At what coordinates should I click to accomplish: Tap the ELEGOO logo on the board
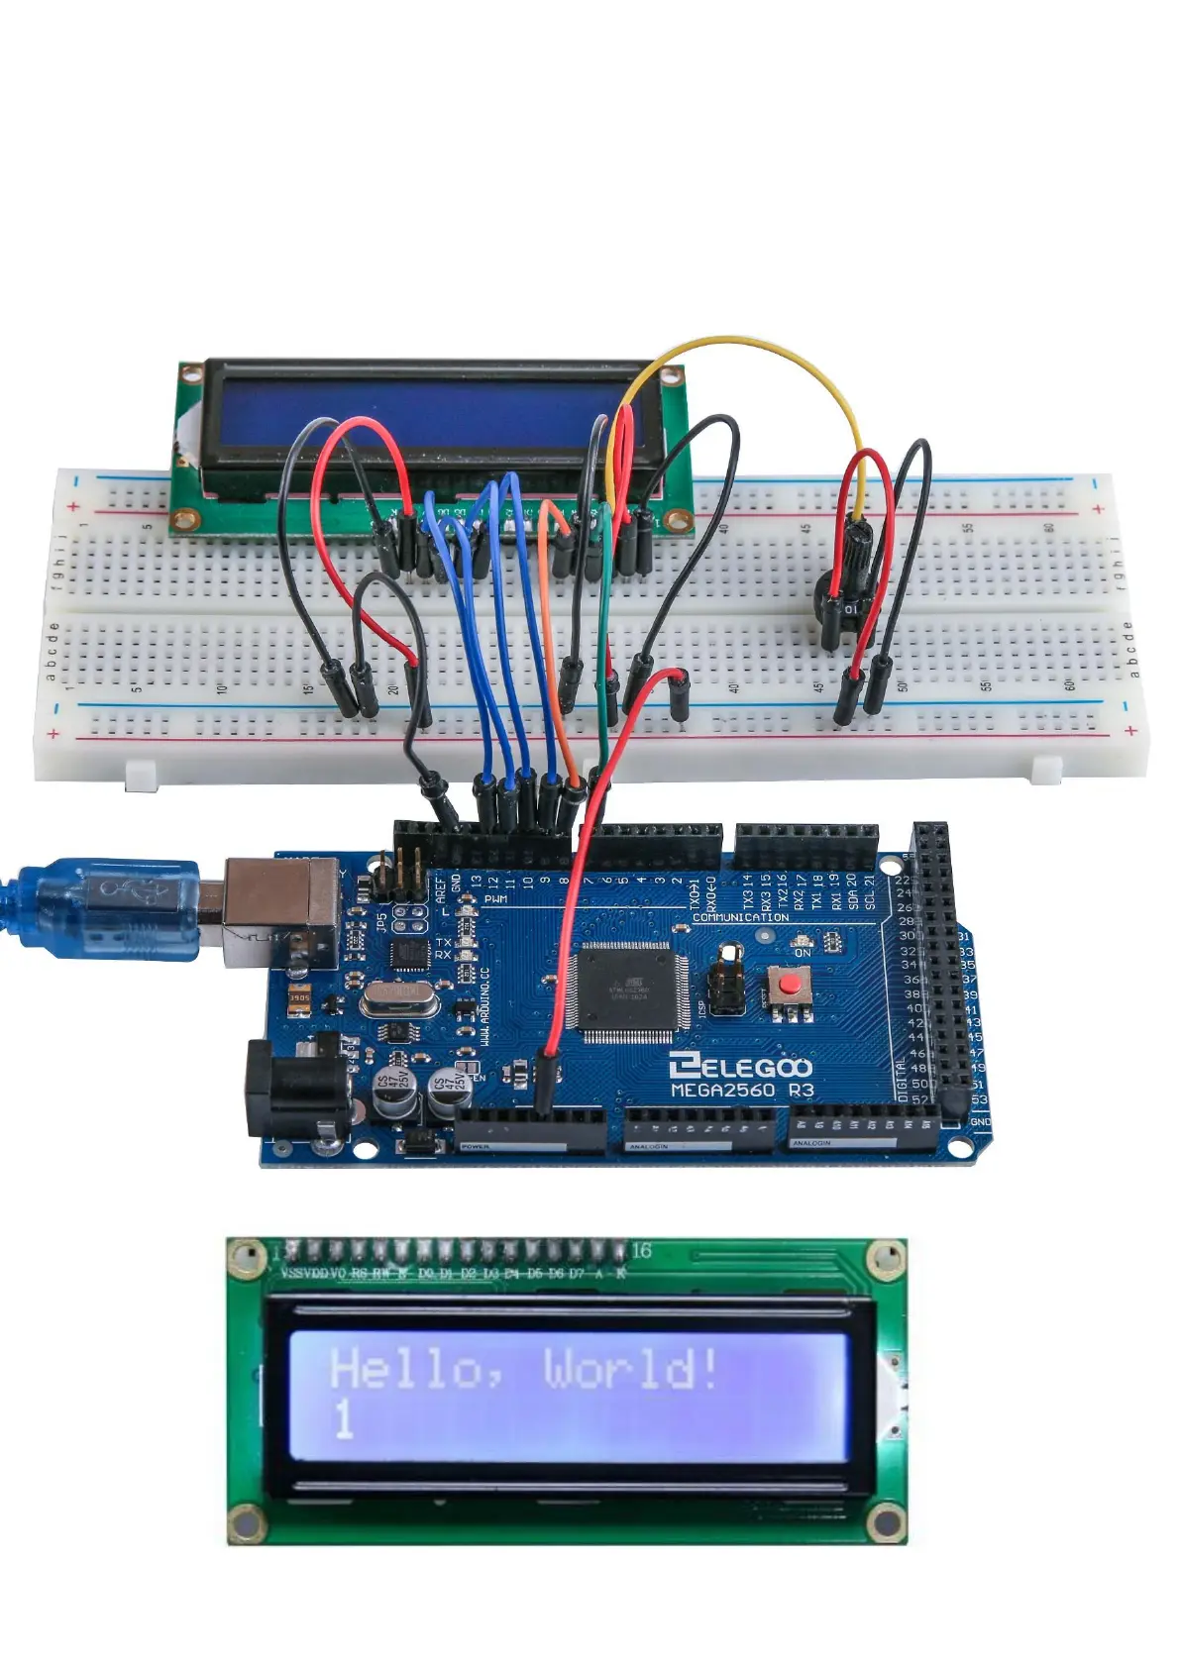click(740, 1066)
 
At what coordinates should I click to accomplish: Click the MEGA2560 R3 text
click(742, 1091)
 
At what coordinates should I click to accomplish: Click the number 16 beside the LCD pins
click(641, 1251)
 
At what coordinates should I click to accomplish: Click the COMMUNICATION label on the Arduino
click(740, 917)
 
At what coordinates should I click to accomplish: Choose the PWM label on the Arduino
click(495, 899)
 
